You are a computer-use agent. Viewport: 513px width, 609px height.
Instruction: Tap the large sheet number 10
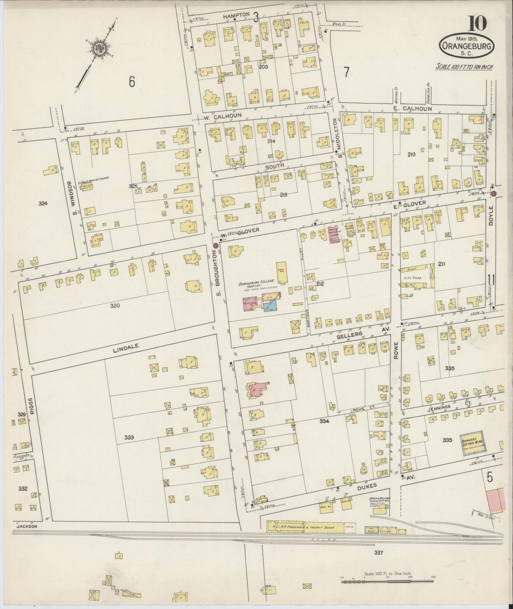point(477,24)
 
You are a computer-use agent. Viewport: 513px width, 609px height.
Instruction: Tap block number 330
point(115,306)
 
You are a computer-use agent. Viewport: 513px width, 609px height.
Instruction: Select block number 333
point(129,437)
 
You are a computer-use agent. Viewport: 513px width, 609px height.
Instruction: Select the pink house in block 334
point(257,389)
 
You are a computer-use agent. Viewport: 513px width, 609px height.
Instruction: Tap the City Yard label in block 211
point(413,278)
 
